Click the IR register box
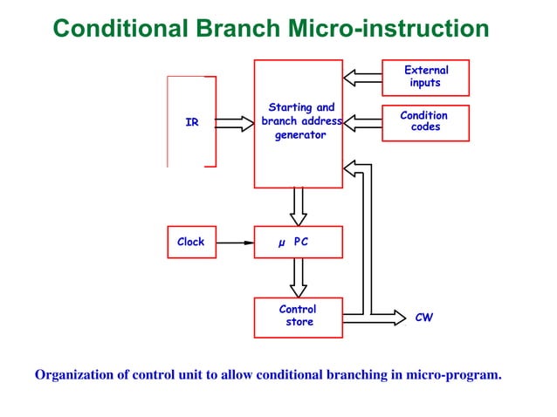point(191,122)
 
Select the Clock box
point(190,242)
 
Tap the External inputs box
point(425,77)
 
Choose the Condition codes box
point(425,121)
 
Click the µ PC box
point(298,242)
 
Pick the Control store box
point(298,317)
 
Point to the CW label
point(423,318)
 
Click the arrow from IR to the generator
point(233,123)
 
